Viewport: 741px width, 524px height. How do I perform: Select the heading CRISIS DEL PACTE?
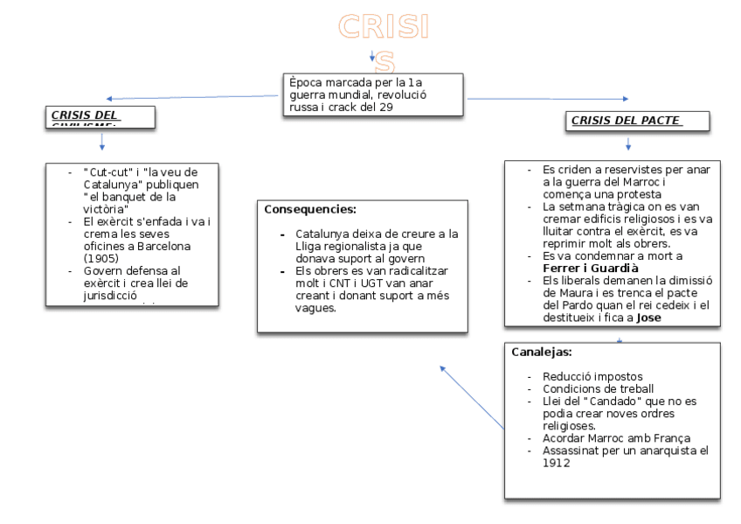[x=626, y=121]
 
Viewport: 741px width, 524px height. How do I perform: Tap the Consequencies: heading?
[x=310, y=210]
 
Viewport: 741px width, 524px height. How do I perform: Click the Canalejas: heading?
[x=542, y=352]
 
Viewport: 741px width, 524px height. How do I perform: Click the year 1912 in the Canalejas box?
[x=557, y=463]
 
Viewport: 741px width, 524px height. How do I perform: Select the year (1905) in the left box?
[x=103, y=258]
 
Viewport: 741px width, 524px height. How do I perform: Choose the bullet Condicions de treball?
[x=598, y=388]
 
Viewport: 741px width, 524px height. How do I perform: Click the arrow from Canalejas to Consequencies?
[x=473, y=397]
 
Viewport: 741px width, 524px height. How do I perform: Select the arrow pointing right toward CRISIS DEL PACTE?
[x=546, y=99]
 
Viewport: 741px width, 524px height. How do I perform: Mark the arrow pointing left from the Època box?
[x=192, y=98]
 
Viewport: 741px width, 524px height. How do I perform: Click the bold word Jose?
[x=648, y=318]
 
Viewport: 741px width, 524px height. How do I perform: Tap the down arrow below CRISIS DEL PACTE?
[x=627, y=143]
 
